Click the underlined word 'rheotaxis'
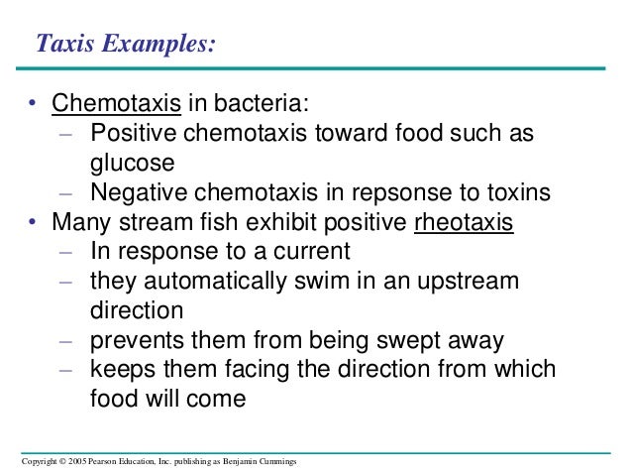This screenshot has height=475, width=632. point(464,222)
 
